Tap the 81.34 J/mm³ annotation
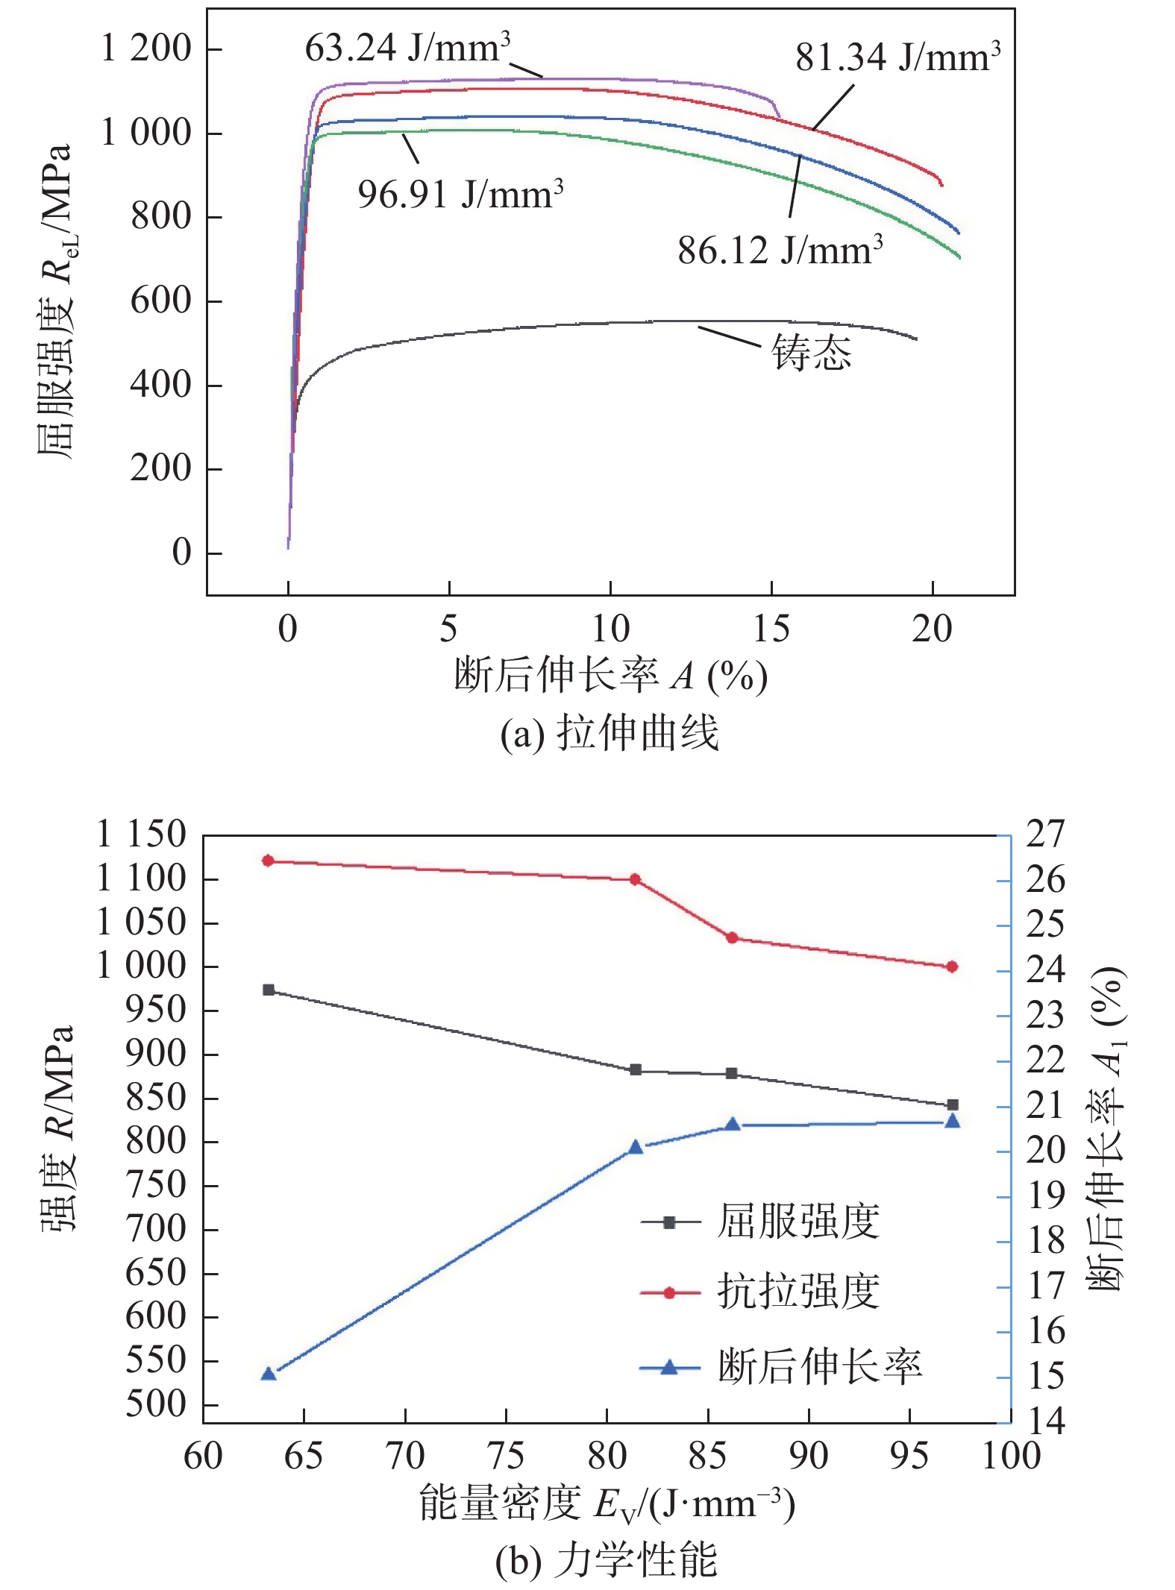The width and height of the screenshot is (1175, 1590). click(897, 57)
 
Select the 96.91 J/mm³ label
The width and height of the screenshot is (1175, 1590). click(460, 195)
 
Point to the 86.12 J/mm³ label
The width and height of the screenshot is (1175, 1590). click(780, 250)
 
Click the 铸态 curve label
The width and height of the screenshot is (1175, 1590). click(811, 353)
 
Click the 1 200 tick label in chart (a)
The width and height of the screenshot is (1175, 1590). click(146, 49)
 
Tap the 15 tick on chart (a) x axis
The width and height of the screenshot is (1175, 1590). click(771, 629)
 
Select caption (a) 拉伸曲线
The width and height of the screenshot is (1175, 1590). click(610, 733)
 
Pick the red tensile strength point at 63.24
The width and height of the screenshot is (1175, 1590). click(269, 861)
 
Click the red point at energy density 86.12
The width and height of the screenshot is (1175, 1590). click(732, 937)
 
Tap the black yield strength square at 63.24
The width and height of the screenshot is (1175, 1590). click(269, 990)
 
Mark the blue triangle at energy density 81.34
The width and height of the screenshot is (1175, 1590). click(636, 1146)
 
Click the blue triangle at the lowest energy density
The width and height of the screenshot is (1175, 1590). click(269, 1373)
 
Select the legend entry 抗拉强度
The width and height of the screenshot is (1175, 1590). click(798, 1292)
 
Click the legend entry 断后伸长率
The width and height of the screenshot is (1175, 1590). click(819, 1367)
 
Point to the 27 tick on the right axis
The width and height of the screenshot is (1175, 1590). click(1045, 835)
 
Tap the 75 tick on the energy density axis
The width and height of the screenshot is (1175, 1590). click(506, 1456)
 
